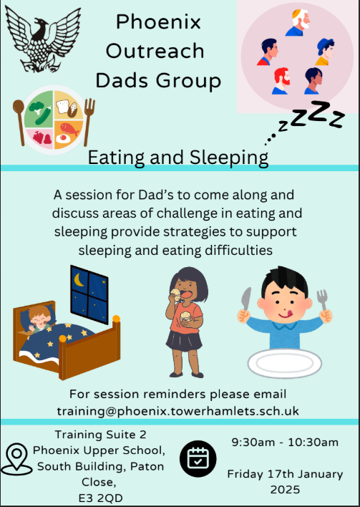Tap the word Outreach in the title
[155, 51]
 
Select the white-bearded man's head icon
[298, 23]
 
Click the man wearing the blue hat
[325, 52]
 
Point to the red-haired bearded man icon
[281, 81]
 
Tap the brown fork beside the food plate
[89, 122]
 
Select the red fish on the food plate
[70, 129]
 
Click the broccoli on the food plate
[37, 107]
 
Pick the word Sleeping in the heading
[229, 158]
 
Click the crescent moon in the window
[79, 280]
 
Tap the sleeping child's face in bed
[40, 317]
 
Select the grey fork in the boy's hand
[322, 300]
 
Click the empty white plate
[285, 363]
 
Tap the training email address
[178, 411]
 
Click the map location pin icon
[16, 459]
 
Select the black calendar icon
[198, 458]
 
